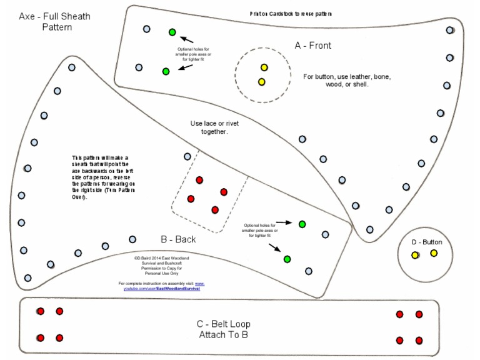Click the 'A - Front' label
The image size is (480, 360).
pos(312,46)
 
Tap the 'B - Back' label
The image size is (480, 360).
pos(178,239)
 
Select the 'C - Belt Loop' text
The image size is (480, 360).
pos(224,324)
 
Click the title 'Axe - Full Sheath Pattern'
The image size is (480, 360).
pos(54,21)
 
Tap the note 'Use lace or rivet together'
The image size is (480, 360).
pos(214,127)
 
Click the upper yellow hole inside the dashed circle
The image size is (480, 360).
pos(264,67)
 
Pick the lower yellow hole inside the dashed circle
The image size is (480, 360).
pos(262,82)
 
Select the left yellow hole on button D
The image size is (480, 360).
pos(415,255)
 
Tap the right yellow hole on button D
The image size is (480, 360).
pos(434,253)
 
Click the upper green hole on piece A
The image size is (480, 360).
pos(172,32)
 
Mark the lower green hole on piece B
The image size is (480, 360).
pos(287,259)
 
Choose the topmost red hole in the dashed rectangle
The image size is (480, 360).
pos(199,180)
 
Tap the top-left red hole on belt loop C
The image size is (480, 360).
pos(41,311)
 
